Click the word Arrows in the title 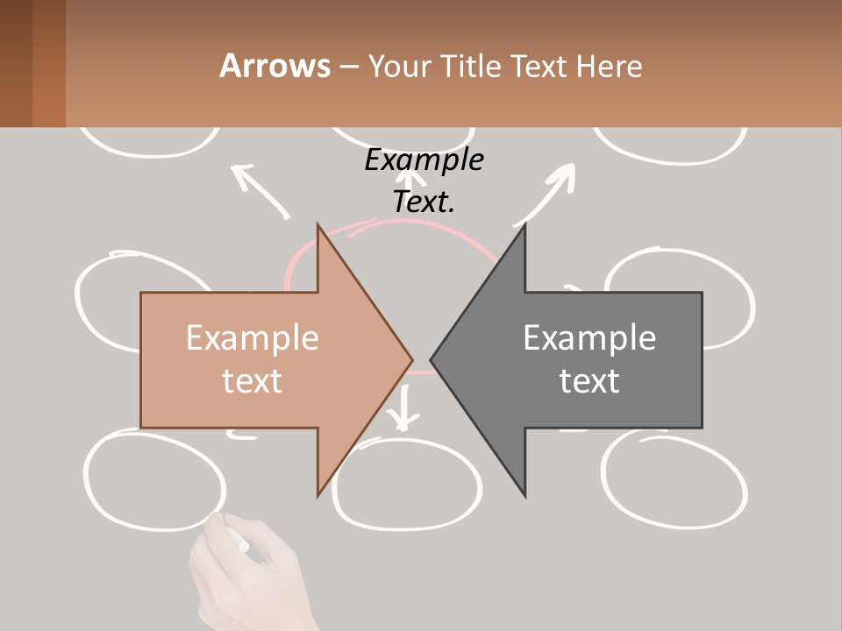275,66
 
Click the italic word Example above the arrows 425,160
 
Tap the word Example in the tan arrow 253,338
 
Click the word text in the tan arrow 253,380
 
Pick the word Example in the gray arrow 589,338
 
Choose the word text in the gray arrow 589,380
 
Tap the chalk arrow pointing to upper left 259,188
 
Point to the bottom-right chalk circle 675,479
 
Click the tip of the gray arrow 433,359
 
